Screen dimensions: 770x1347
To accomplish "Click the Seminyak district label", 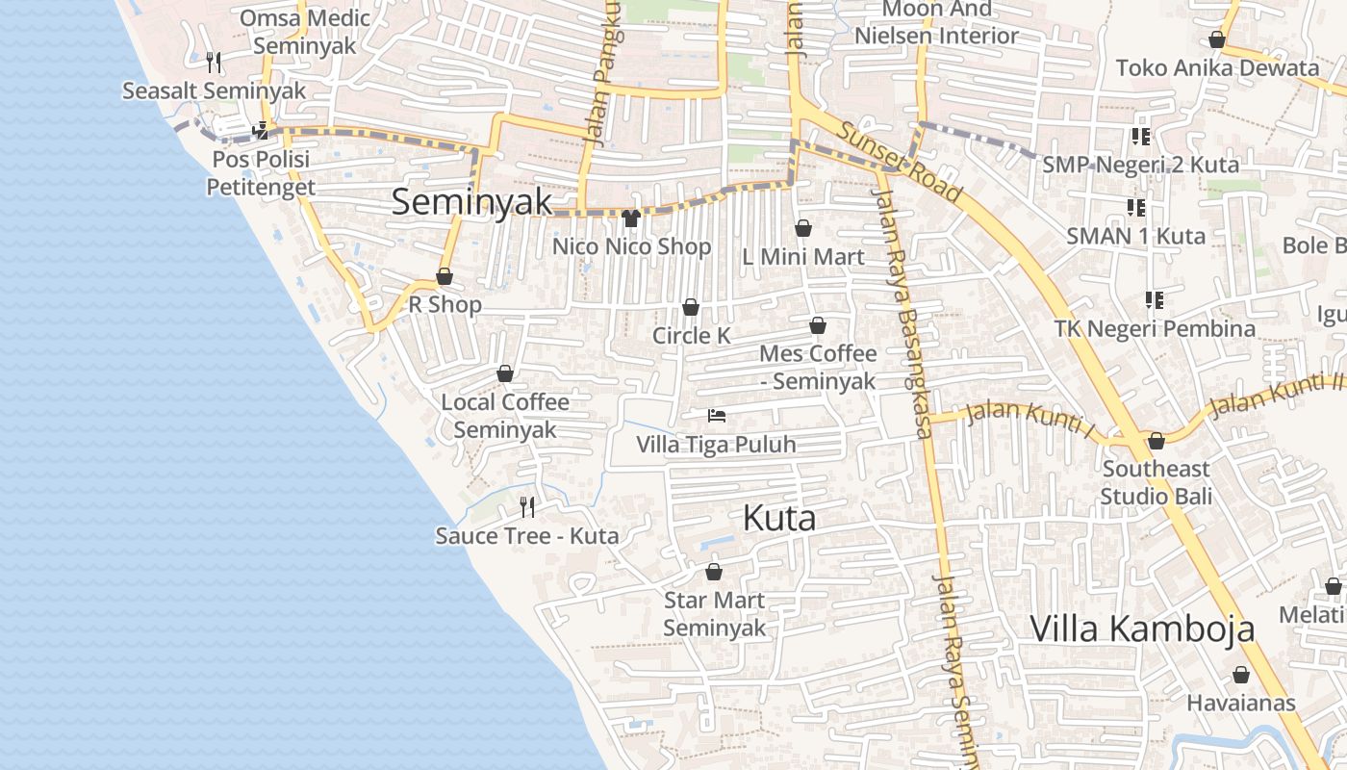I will click(x=472, y=201).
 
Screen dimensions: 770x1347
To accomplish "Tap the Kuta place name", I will click(x=779, y=519).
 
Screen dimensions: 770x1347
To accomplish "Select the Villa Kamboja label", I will click(x=1142, y=629).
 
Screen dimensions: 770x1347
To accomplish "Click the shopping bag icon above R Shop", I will click(x=445, y=277).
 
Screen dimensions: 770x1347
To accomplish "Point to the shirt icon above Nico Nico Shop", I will click(x=631, y=218).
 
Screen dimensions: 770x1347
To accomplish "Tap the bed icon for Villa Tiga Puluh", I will click(x=716, y=416).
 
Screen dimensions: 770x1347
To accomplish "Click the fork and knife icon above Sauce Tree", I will click(x=527, y=505).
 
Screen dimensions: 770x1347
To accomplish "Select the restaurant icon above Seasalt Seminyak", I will click(x=214, y=63).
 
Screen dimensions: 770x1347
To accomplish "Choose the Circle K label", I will click(x=691, y=336).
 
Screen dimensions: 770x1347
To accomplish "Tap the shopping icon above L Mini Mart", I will click(x=803, y=229).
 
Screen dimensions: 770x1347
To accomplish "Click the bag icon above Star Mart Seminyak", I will click(x=714, y=572).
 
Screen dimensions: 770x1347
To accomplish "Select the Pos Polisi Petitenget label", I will click(x=261, y=172).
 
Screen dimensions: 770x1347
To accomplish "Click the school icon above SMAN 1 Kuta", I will click(x=1136, y=208).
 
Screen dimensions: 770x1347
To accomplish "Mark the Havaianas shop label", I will click(x=1241, y=703).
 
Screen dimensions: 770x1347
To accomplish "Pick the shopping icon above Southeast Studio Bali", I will click(x=1156, y=442).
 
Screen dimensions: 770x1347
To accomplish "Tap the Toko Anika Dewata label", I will click(x=1217, y=68).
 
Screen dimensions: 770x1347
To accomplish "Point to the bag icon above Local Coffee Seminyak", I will click(x=505, y=373).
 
